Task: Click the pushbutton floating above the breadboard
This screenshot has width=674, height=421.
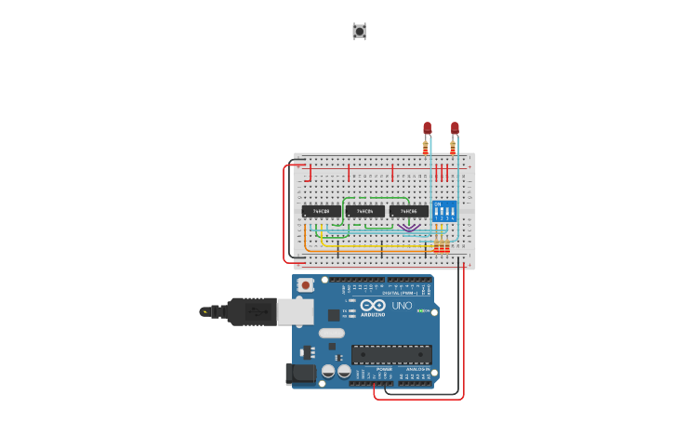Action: pyautogui.click(x=359, y=32)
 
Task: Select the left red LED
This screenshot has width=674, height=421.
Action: pyautogui.click(x=428, y=127)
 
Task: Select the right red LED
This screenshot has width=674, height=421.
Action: pyautogui.click(x=455, y=127)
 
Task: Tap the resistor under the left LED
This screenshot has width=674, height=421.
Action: pyautogui.click(x=426, y=147)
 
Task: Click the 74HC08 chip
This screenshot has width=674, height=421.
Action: pyautogui.click(x=321, y=211)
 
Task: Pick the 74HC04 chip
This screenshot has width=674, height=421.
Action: pyautogui.click(x=364, y=211)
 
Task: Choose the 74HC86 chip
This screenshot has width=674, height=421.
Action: pyautogui.click(x=409, y=211)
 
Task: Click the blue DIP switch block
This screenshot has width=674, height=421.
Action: pyautogui.click(x=444, y=211)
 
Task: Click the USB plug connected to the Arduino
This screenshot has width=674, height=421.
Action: pyautogui.click(x=251, y=311)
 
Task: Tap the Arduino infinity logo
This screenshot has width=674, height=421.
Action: pyautogui.click(x=374, y=306)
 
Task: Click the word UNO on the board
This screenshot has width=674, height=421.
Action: pyautogui.click(x=402, y=306)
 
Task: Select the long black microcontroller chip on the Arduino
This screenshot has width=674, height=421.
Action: pyautogui.click(x=391, y=354)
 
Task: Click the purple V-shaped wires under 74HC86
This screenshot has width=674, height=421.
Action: pyautogui.click(x=408, y=227)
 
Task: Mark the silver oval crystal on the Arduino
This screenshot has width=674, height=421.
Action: pyautogui.click(x=332, y=333)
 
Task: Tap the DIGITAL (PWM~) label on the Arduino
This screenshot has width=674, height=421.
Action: pyautogui.click(x=398, y=293)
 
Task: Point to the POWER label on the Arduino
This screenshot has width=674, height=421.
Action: pyautogui.click(x=384, y=369)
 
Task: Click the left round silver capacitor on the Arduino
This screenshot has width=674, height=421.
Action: pyautogui.click(x=328, y=371)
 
